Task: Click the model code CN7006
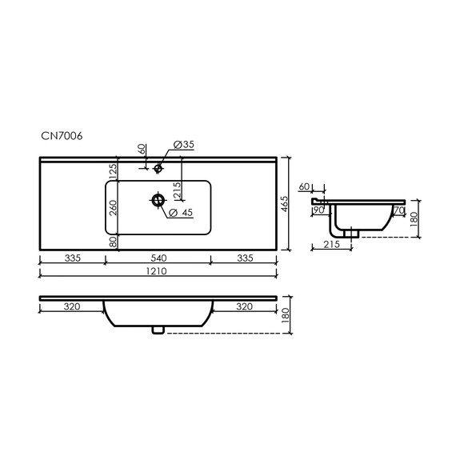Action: pyautogui.click(x=61, y=136)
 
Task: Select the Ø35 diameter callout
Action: pyautogui.click(x=184, y=145)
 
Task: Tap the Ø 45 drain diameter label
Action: pyautogui.click(x=182, y=212)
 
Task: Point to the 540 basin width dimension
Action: pyautogui.click(x=158, y=258)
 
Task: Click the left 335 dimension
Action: pyautogui.click(x=72, y=258)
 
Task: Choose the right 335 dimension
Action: pyautogui.click(x=245, y=258)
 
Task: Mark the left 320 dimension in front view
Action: pyautogui.click(x=72, y=306)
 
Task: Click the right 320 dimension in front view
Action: pyautogui.click(x=245, y=306)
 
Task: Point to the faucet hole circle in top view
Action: pyautogui.click(x=158, y=168)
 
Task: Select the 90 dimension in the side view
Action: pyautogui.click(x=318, y=210)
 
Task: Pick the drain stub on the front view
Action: pyautogui.click(x=158, y=329)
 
